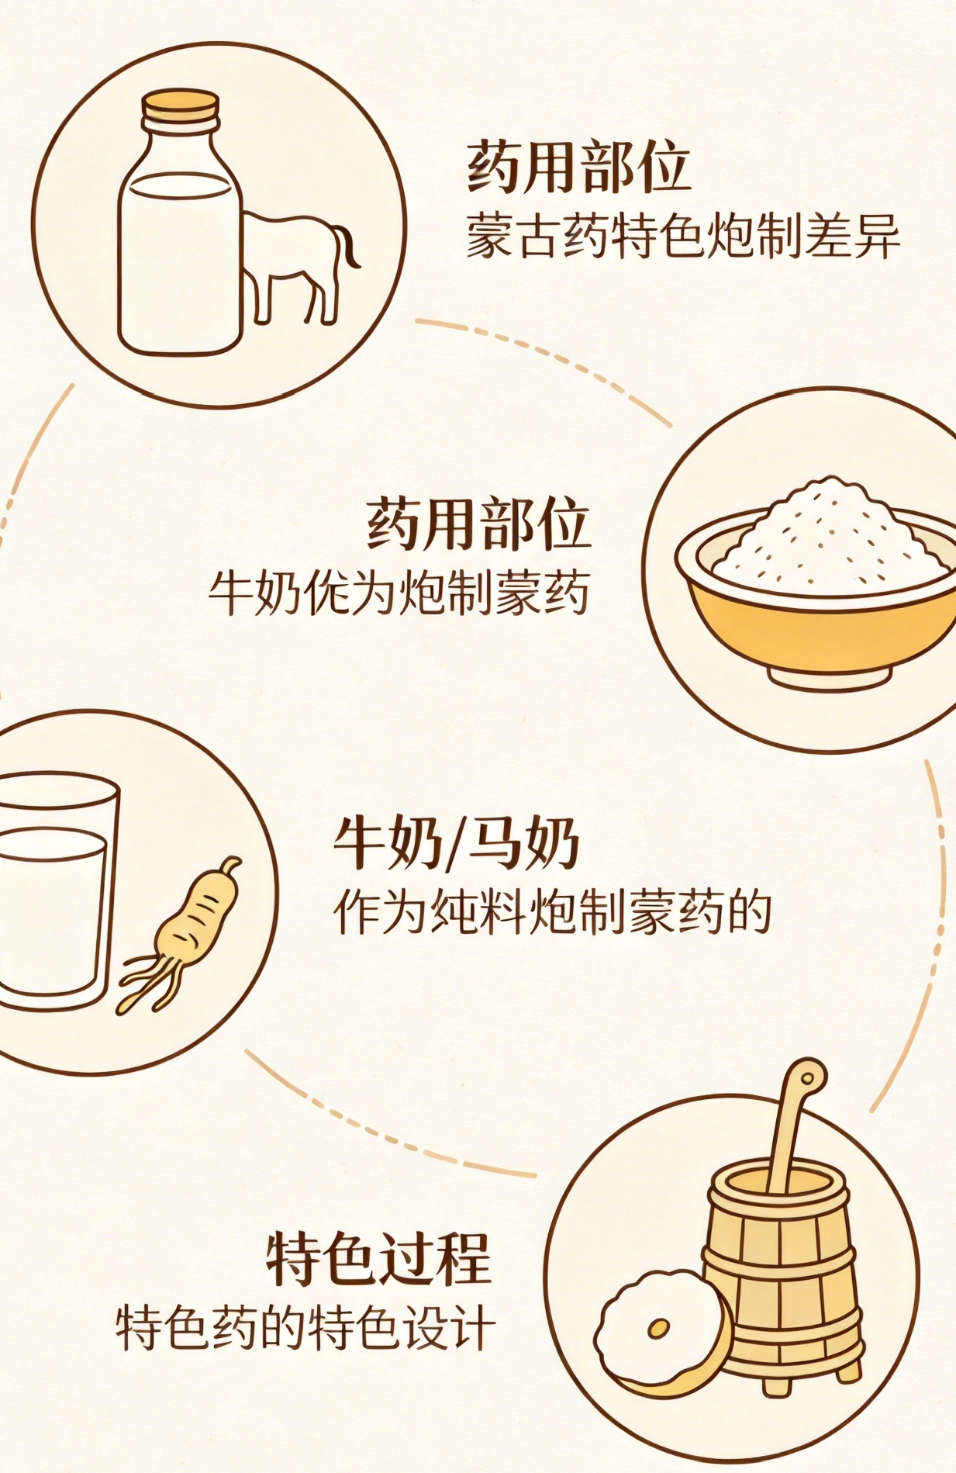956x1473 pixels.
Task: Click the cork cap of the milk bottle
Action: coord(180,106)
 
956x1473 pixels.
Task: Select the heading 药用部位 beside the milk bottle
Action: coord(578,166)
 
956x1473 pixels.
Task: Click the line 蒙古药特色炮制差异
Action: coord(683,234)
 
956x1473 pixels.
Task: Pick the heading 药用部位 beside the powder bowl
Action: coord(478,524)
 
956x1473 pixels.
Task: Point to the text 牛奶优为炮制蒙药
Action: coord(399,594)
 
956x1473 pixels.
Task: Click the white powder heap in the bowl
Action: coord(829,538)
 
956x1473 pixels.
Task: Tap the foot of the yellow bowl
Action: coord(829,678)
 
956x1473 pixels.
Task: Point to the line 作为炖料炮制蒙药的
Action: coord(553,912)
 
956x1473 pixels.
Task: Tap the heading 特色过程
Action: coord(379,1259)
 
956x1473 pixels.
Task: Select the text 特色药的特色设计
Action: coord(305,1328)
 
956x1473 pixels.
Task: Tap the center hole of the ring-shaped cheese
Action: coord(659,1329)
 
